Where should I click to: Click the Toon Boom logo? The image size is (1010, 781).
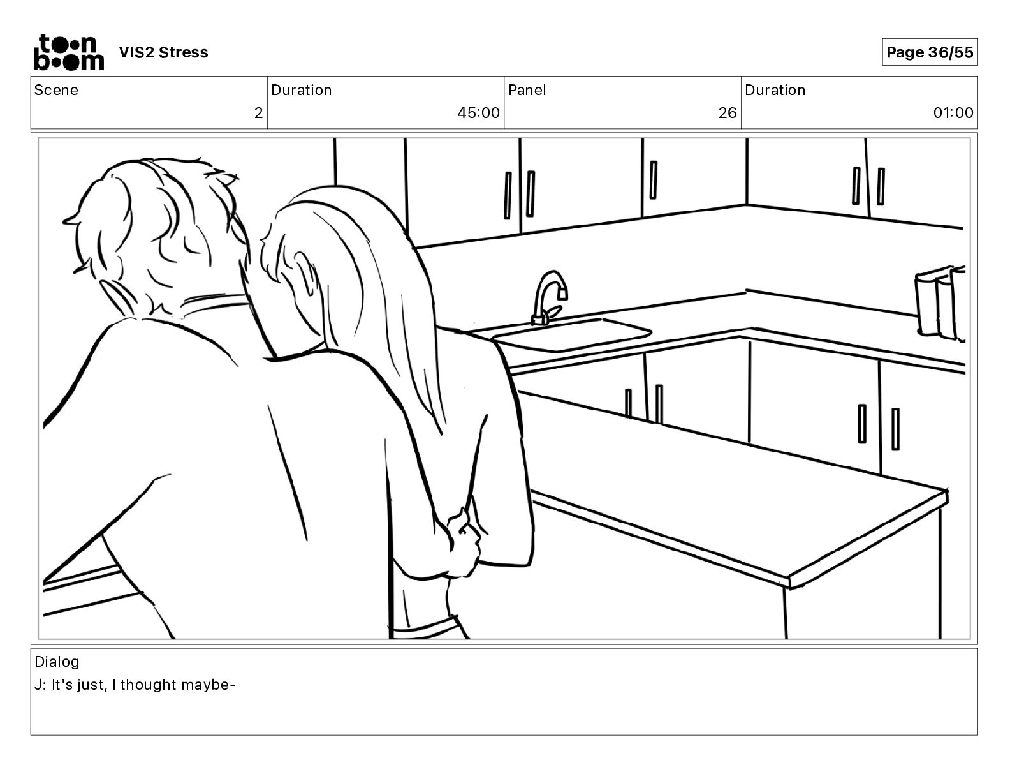tap(68, 52)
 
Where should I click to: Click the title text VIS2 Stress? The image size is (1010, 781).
tap(163, 52)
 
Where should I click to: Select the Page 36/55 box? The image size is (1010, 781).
tap(930, 52)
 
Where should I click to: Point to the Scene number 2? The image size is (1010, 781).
tap(258, 114)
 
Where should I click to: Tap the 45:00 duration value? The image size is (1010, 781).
tap(478, 114)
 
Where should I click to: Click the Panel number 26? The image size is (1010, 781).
tap(728, 114)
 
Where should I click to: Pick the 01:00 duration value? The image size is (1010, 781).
tap(953, 114)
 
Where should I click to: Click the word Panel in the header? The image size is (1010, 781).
tap(527, 90)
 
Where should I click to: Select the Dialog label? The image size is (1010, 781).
tap(57, 662)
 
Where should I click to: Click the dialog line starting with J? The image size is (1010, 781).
tap(135, 685)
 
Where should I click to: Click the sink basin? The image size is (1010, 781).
tap(571, 335)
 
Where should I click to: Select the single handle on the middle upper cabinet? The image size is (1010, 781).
tap(653, 179)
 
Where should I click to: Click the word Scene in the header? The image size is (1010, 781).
tap(56, 90)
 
